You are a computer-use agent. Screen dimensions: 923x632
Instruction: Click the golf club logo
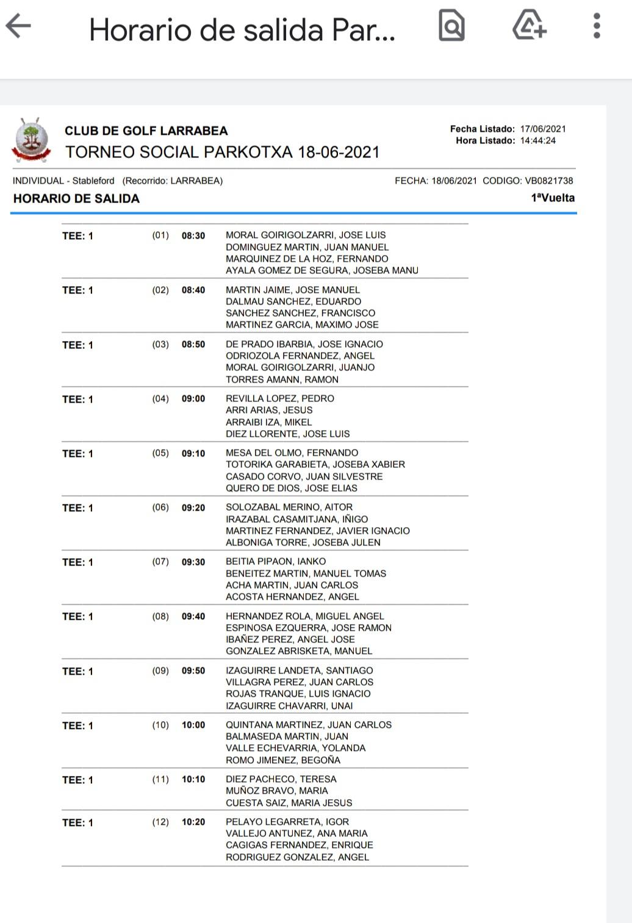(31, 140)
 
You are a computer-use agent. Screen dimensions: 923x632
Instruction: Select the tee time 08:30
(193, 235)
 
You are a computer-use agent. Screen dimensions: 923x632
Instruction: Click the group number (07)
(160, 562)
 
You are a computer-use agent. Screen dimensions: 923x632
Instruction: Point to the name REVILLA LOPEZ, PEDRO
(280, 398)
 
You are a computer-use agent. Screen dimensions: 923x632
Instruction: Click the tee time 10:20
(193, 822)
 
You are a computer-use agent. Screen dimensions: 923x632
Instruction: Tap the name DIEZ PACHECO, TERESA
(281, 779)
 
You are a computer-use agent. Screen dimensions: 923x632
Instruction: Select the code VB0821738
(548, 181)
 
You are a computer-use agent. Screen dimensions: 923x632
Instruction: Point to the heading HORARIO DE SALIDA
(76, 198)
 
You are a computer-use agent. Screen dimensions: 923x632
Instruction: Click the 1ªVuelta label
(553, 198)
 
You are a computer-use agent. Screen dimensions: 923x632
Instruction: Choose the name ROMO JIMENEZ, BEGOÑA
(283, 760)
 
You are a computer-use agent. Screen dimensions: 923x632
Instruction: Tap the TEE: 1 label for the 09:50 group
(77, 671)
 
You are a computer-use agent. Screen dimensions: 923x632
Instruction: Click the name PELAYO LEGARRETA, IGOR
(287, 822)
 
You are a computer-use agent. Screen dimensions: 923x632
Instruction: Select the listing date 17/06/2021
(543, 129)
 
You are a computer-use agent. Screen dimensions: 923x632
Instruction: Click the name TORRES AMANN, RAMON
(282, 379)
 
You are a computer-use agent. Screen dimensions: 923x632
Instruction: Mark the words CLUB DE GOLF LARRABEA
(146, 131)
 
